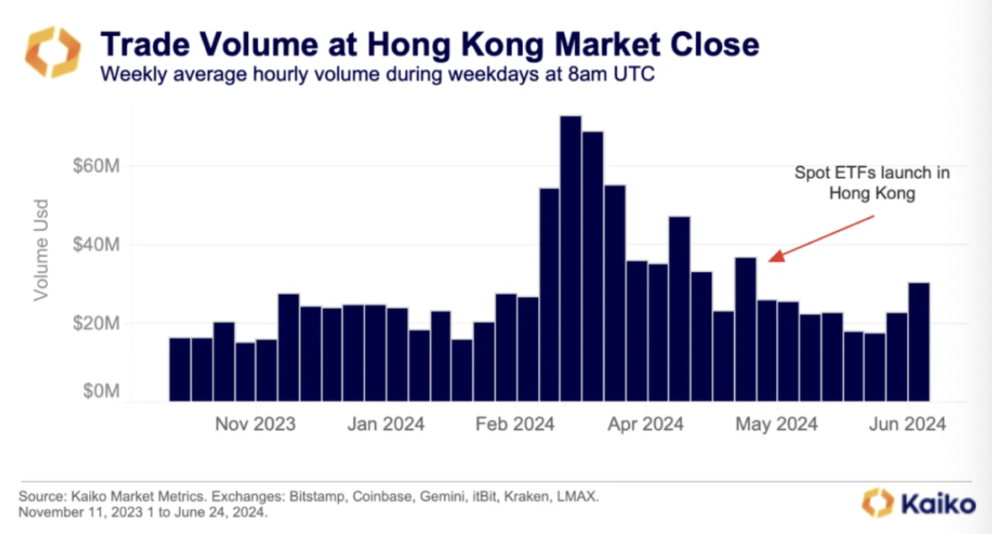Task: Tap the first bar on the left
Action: coord(180,369)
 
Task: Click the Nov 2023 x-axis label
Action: coord(255,424)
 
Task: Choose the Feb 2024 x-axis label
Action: coord(514,424)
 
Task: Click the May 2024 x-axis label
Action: coord(777,424)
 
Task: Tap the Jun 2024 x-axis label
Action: coord(906,424)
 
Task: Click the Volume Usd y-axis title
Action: coord(40,249)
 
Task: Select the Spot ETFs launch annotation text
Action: coord(872,182)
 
